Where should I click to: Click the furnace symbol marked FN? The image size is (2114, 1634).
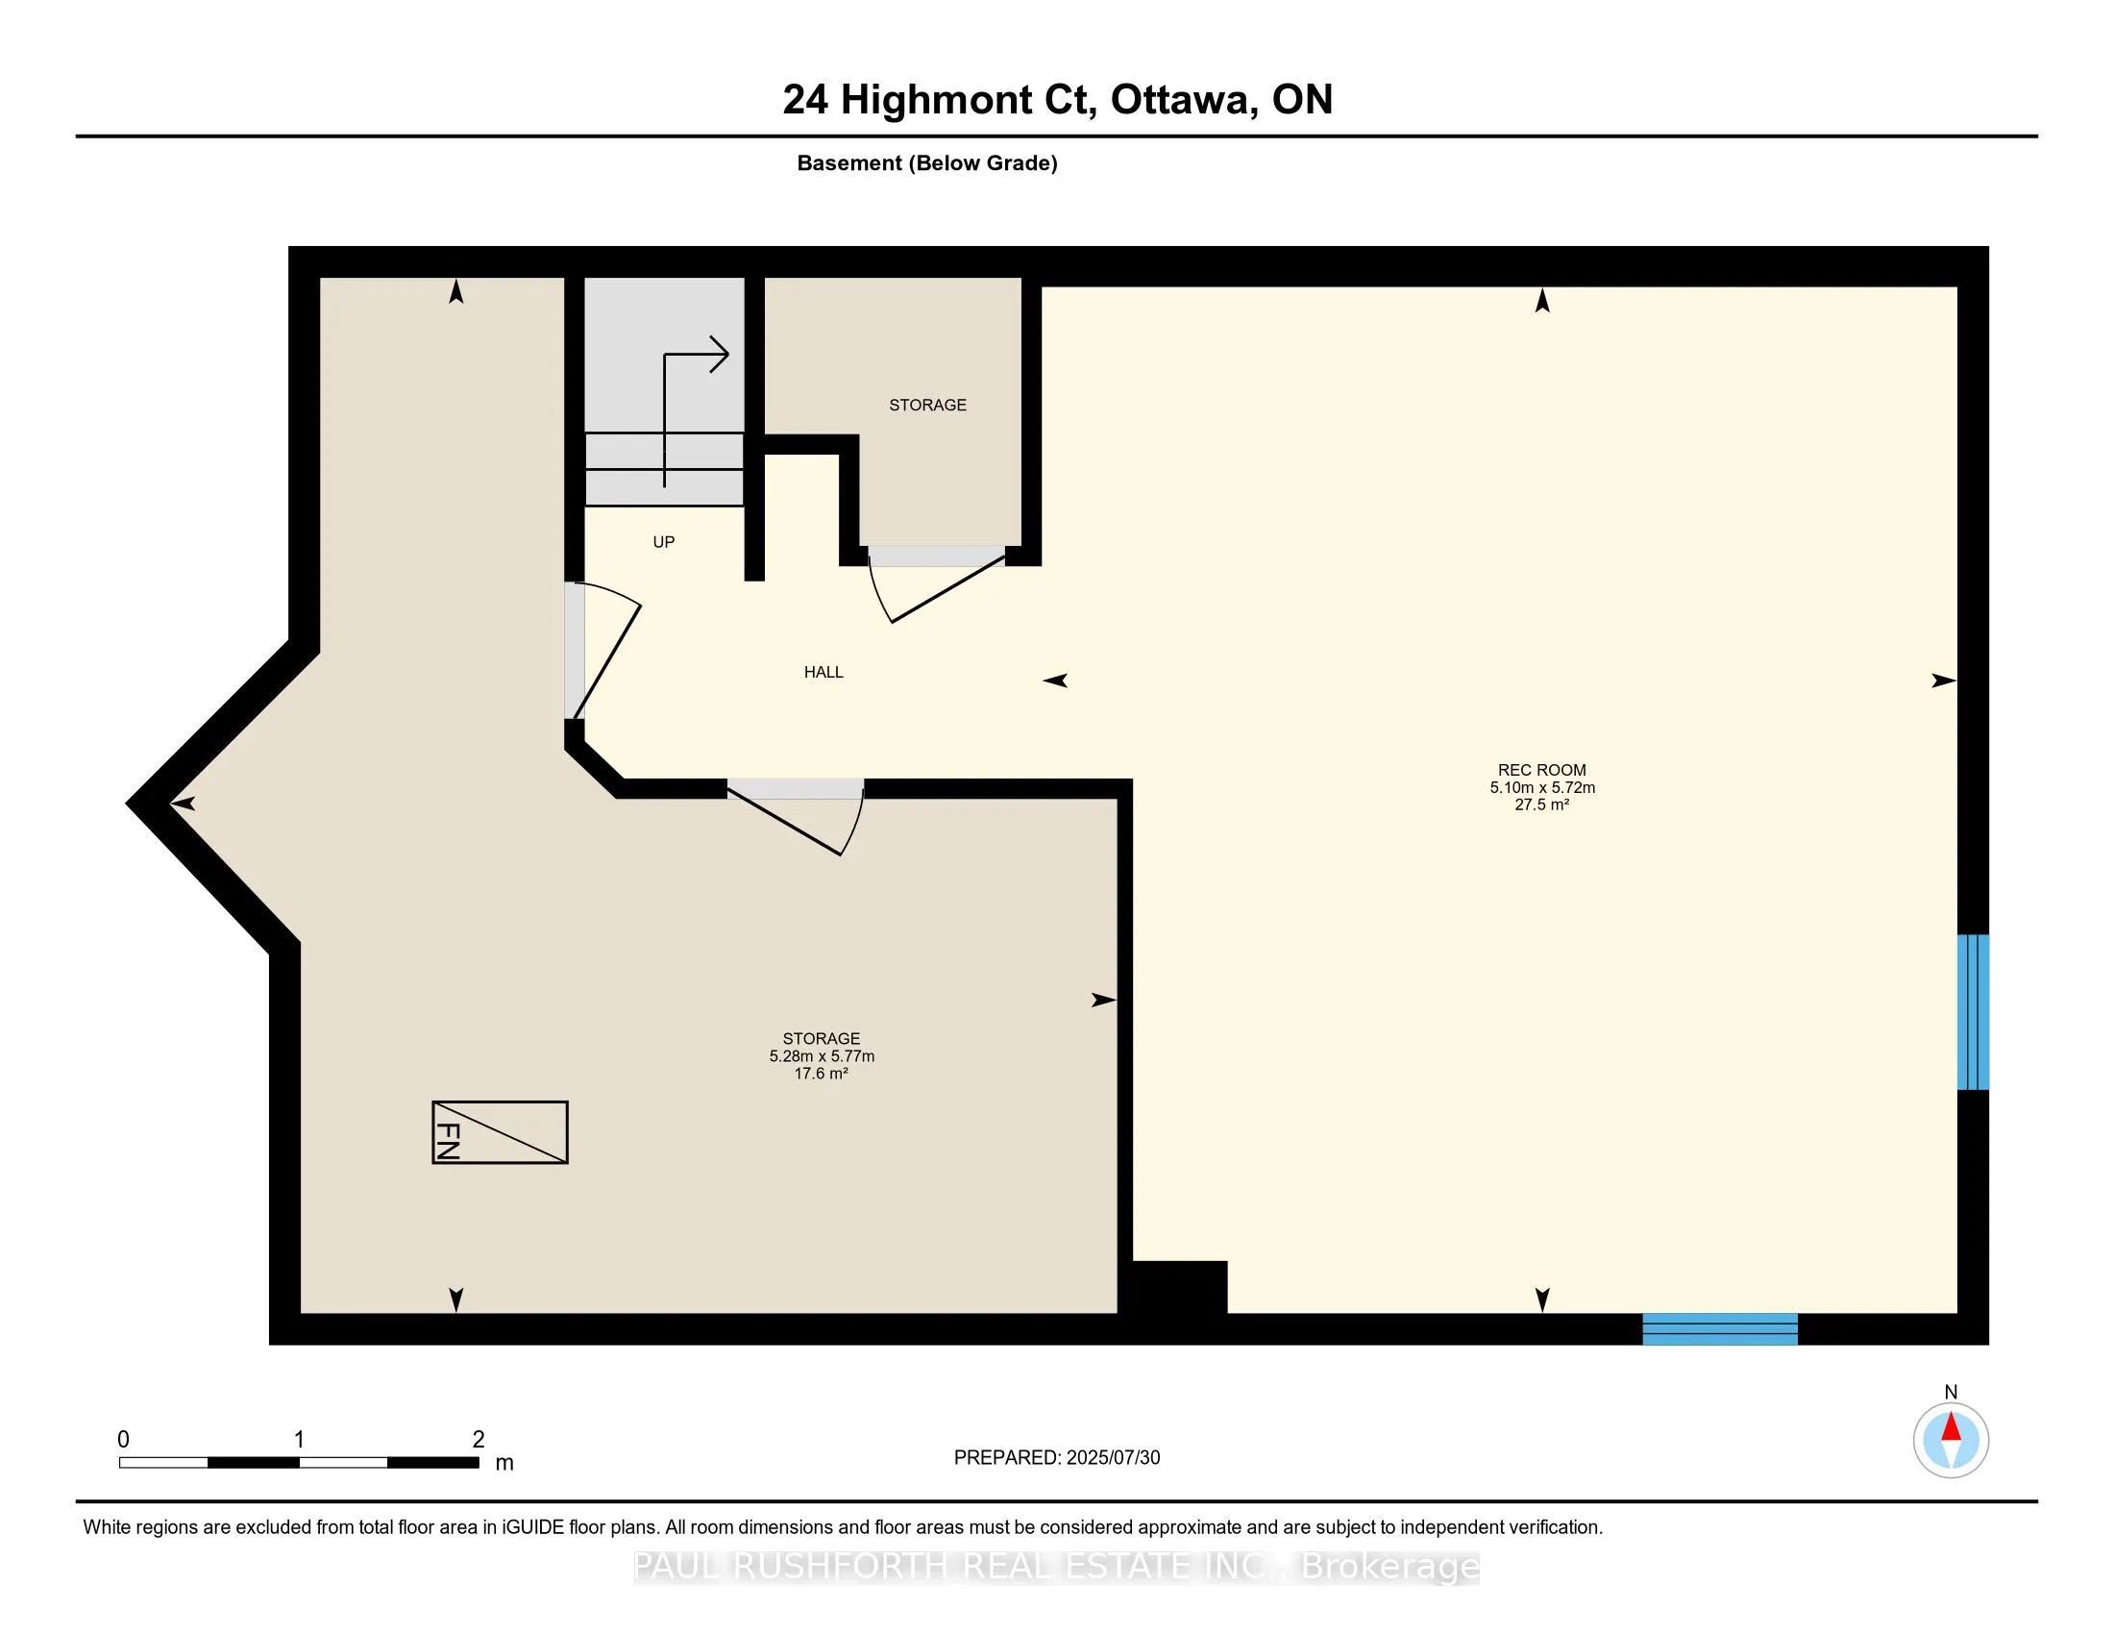point(500,1131)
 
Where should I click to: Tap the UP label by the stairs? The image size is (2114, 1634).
point(663,542)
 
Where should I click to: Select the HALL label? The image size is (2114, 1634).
point(823,672)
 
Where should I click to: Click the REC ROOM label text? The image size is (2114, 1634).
point(1542,771)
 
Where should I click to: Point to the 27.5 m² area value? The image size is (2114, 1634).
point(1542,805)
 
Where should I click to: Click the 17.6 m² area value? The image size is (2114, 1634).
point(821,1074)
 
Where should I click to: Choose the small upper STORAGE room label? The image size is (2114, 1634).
point(927,405)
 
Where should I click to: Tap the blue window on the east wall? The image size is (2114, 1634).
point(1973,1011)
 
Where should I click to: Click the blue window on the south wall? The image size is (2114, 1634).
point(1720,1329)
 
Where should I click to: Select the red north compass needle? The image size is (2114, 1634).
point(1952,1427)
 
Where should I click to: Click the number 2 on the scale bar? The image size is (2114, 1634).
point(479,1440)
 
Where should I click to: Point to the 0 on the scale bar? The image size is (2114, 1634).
point(123,1440)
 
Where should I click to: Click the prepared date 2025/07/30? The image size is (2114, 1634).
point(1112,1458)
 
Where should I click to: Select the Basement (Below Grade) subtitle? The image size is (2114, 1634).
point(927,163)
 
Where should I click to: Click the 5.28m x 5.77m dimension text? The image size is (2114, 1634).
point(822,1056)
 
